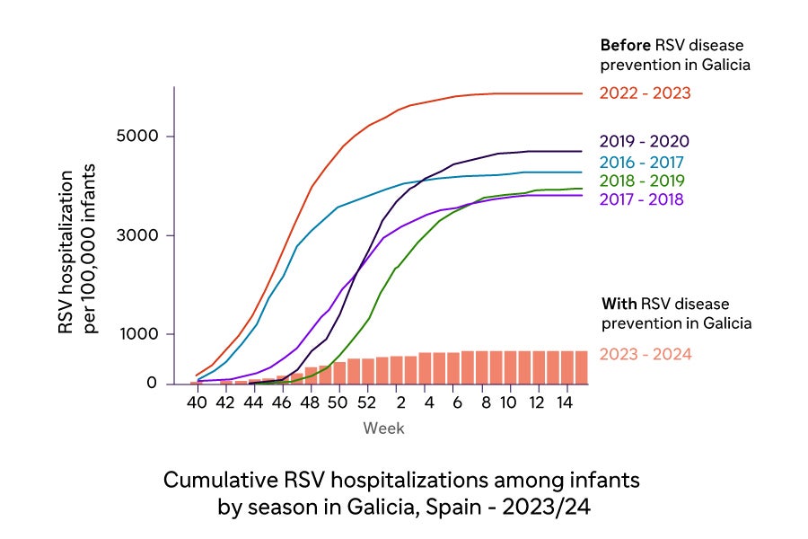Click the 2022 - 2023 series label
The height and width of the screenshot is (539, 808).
pyautogui.click(x=645, y=93)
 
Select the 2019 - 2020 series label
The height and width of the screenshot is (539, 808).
pyautogui.click(x=644, y=142)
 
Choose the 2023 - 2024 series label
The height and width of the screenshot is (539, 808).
pyautogui.click(x=645, y=354)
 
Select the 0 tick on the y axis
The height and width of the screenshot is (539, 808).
pyautogui.click(x=152, y=384)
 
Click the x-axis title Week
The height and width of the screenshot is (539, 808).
pyautogui.click(x=383, y=429)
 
